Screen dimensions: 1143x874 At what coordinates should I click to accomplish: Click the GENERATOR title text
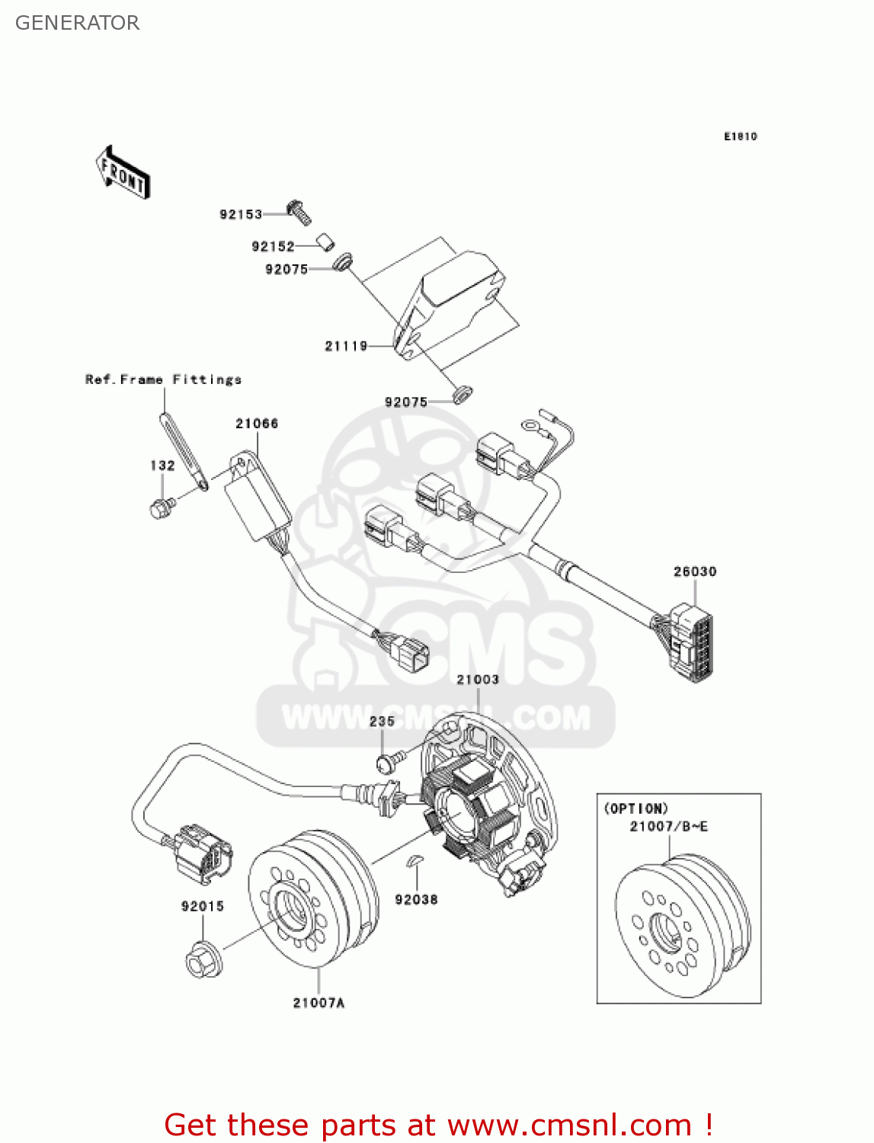[77, 23]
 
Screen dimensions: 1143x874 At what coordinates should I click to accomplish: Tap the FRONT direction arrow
[123, 173]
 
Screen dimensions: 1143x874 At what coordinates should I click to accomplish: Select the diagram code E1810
[740, 136]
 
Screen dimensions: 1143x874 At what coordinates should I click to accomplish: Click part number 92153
[241, 215]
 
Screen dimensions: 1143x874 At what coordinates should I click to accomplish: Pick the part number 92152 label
[273, 246]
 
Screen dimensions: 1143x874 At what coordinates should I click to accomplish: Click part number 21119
[346, 346]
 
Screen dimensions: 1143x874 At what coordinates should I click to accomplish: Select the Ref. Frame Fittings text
[163, 379]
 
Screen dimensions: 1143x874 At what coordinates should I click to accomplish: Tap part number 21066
[257, 424]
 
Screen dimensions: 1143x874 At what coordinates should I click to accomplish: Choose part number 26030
[694, 571]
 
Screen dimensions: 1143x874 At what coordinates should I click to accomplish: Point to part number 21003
[478, 680]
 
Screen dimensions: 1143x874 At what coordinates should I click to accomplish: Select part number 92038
[416, 900]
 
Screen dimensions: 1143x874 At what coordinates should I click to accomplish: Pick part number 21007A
[319, 1003]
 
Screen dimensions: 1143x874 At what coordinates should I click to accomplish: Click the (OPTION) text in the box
[635, 808]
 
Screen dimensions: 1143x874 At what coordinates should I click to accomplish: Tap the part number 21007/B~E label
[668, 826]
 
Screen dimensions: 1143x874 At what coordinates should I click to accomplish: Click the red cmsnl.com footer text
[438, 1125]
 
